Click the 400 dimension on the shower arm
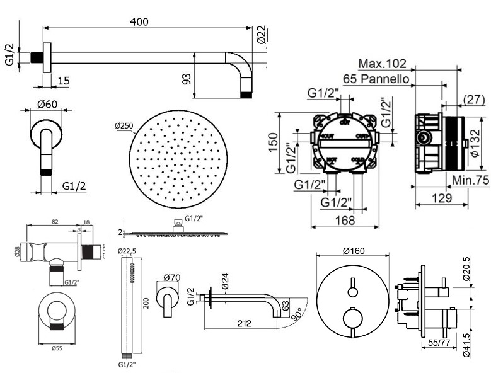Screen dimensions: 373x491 [x=139, y=21]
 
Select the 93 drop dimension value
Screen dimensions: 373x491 [x=186, y=79]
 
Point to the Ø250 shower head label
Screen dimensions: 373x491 [x=124, y=126]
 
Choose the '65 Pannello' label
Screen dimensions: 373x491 [x=378, y=79]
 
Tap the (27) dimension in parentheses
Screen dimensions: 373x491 [x=473, y=100]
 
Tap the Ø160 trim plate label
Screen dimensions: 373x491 [x=354, y=251]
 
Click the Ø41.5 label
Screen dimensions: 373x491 [x=466, y=343]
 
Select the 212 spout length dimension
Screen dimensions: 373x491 [x=245, y=323]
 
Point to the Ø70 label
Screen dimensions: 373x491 [x=172, y=277]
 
